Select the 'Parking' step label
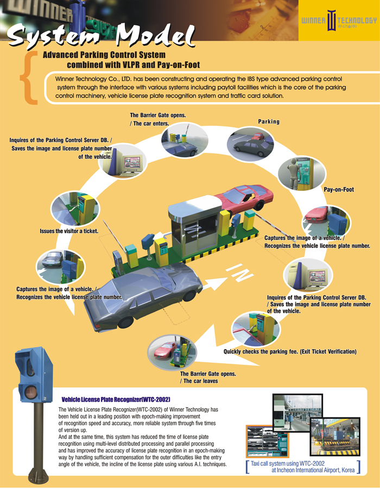(269, 121)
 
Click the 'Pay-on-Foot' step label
(339, 190)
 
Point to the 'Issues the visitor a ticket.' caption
(69, 231)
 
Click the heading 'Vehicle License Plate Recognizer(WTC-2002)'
(117, 398)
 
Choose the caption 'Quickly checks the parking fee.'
(290, 352)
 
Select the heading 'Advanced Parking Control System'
(104, 55)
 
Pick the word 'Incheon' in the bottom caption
(289, 471)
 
